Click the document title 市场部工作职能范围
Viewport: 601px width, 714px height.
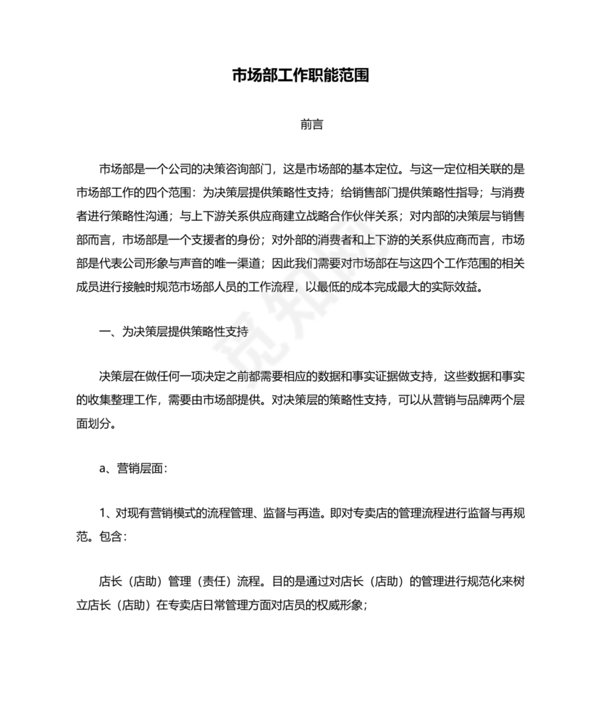point(300,75)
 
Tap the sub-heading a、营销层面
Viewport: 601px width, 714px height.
point(133,469)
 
